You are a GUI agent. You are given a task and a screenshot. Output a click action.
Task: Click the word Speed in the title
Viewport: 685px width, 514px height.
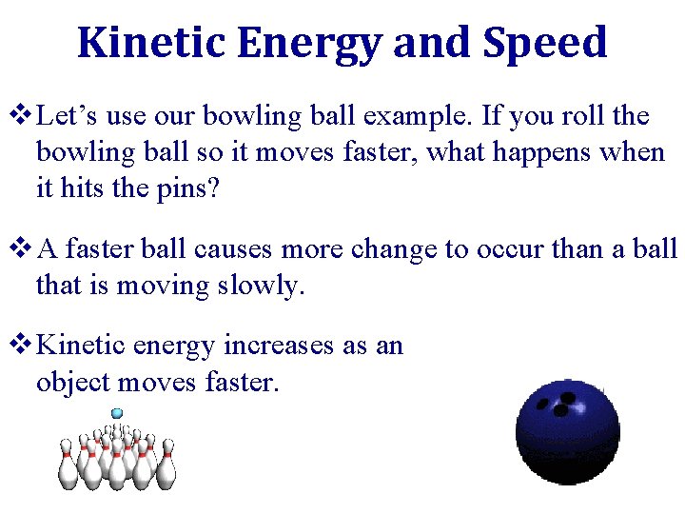point(544,43)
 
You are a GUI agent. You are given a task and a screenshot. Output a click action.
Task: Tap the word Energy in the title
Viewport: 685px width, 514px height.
point(308,43)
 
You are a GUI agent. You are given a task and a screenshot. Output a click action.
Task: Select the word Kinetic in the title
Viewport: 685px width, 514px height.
point(151,43)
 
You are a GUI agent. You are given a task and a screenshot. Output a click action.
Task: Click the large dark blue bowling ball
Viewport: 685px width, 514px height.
point(567,428)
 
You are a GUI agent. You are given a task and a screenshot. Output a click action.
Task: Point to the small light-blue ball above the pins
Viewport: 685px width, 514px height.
point(117,413)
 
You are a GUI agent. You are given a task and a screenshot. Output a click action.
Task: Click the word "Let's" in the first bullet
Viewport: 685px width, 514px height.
point(68,117)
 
